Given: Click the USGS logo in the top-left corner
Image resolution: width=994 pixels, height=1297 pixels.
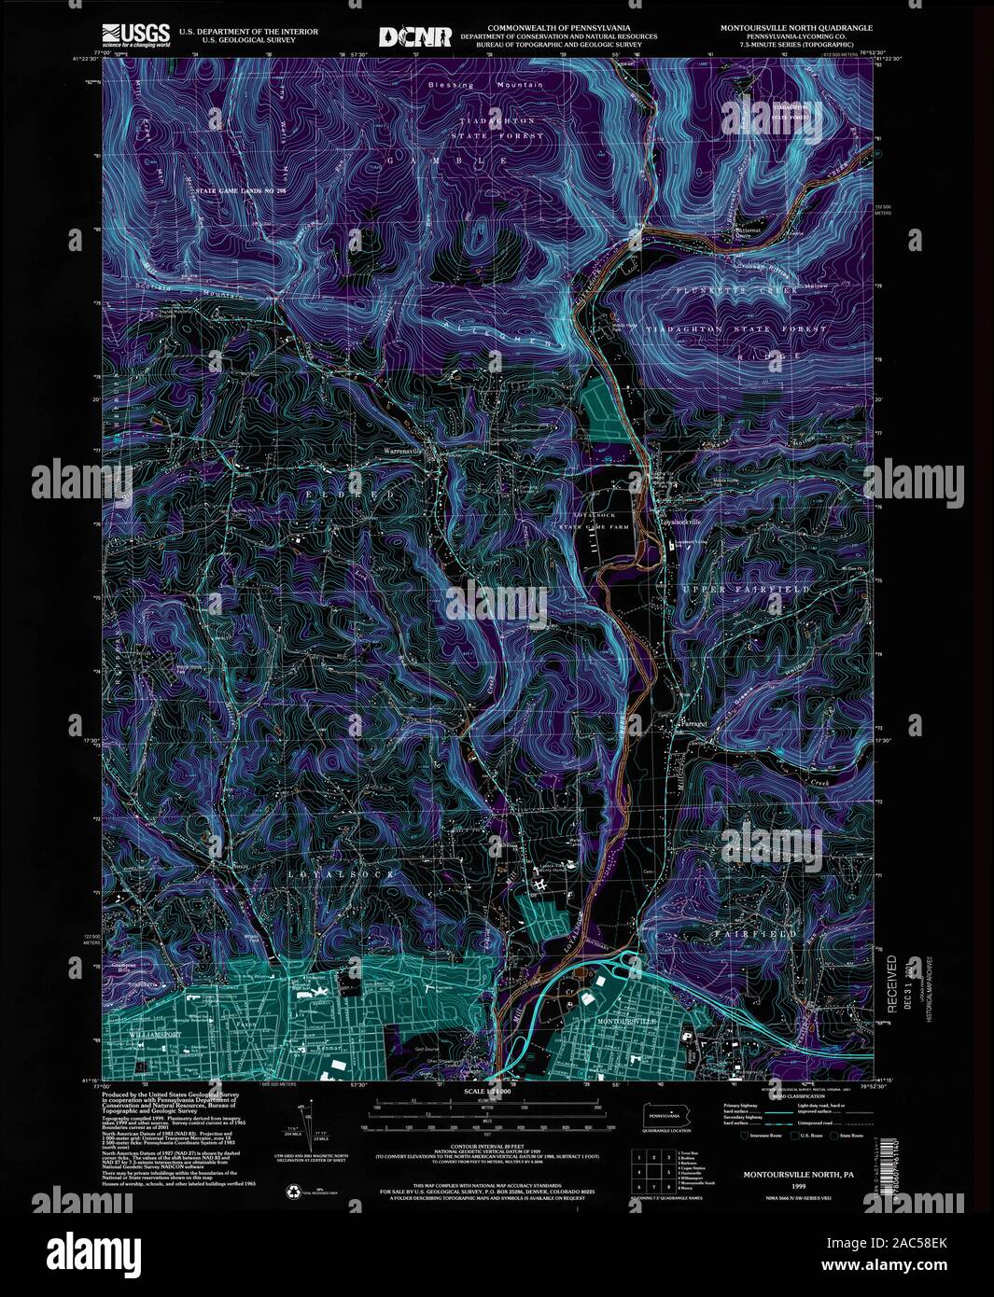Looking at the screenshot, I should click(136, 35).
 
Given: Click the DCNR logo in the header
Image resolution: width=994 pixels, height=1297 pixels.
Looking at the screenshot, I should click(414, 36).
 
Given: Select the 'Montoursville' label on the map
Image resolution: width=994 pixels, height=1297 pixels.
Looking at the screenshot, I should click(627, 1023).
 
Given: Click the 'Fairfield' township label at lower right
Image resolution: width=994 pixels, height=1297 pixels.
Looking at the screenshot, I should click(768, 933).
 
